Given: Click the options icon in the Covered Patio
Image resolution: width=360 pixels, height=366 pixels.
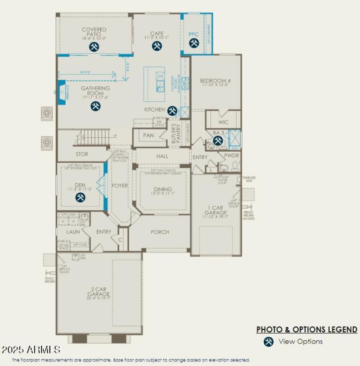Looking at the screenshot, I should tap(94, 47).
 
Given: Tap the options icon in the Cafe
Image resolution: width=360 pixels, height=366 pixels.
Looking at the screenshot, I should tap(157, 46).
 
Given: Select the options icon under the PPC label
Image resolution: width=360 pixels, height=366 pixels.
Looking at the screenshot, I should tap(194, 43).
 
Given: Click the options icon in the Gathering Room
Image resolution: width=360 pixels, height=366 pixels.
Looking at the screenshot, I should tap(95, 106).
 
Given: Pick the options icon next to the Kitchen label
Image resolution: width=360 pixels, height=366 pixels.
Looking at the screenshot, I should tap(172, 111).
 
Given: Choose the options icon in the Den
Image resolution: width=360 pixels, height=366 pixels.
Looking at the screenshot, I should tap(81, 197).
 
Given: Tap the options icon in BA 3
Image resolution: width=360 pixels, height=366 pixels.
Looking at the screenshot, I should tap(218, 141).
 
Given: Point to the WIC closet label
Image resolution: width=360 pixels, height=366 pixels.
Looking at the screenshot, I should tap(223, 122).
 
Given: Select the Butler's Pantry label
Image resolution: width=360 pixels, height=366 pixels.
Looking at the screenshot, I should tap(176, 134).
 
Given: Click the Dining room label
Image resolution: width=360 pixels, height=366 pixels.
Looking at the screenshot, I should tap(162, 190).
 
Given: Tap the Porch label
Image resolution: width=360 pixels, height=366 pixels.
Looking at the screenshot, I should tap(160, 232).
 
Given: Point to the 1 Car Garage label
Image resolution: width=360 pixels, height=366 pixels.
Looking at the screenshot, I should tap(216, 210).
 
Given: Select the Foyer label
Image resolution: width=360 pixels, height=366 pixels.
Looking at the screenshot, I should tap(120, 185).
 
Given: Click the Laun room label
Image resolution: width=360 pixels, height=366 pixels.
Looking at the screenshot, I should tap(73, 232).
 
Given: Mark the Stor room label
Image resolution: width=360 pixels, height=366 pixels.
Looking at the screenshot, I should tap(82, 154).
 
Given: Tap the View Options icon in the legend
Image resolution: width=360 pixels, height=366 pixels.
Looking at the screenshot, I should tap(269, 342).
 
